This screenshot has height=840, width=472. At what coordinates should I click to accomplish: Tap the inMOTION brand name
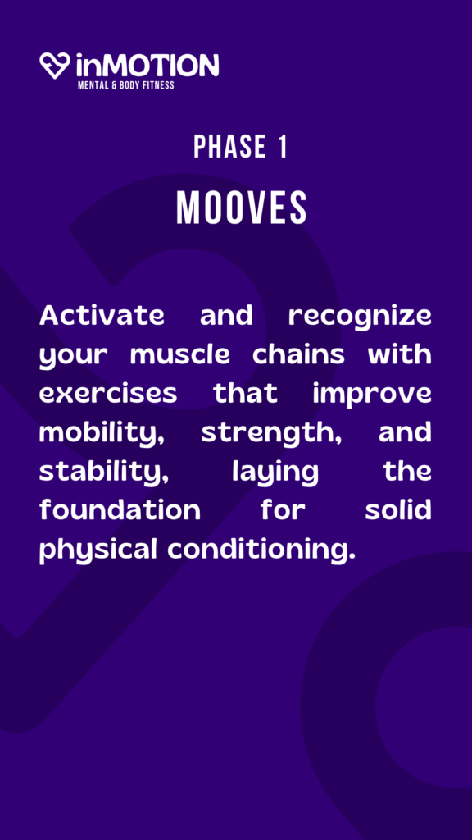coord(147,66)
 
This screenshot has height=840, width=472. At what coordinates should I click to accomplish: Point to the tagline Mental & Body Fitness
coord(125,84)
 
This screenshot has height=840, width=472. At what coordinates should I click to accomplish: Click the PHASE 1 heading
coord(240,146)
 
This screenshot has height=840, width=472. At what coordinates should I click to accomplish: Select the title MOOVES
coord(242,208)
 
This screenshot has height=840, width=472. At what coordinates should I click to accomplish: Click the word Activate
coord(102,316)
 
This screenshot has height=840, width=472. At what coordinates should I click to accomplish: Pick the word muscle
coord(179,355)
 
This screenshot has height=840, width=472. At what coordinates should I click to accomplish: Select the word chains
coord(298,355)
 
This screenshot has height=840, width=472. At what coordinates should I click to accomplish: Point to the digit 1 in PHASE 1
coord(283,146)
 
